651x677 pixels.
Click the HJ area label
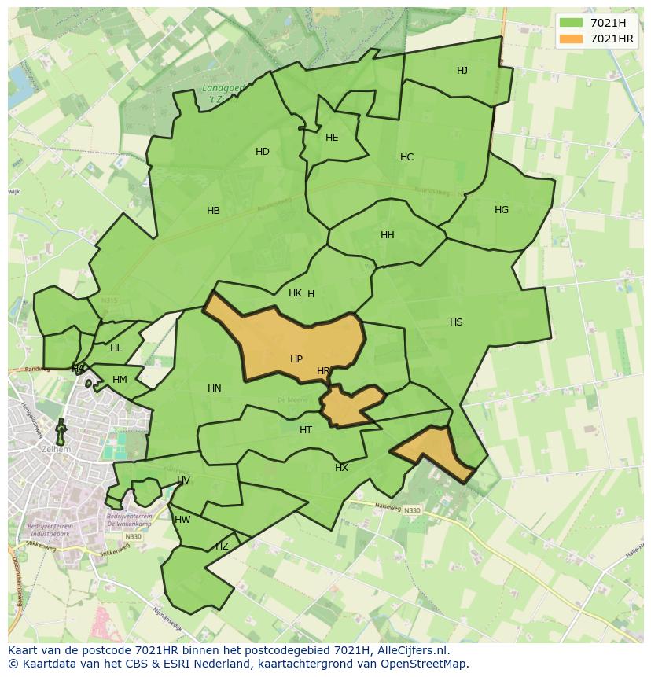click(x=462, y=71)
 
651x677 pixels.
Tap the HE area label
click(x=332, y=138)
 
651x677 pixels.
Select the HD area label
click(x=263, y=152)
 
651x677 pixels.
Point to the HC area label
click(x=406, y=157)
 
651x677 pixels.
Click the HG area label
click(x=502, y=210)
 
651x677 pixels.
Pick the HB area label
click(x=213, y=211)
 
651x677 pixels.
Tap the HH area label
click(x=388, y=235)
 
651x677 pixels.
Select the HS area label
click(x=456, y=322)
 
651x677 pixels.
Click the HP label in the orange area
click(x=296, y=359)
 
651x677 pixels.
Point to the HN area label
click(x=215, y=388)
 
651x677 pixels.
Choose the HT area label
click(x=306, y=430)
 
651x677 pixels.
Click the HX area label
click(x=341, y=468)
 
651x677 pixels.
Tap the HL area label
click(x=116, y=348)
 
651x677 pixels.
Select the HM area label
click(x=120, y=380)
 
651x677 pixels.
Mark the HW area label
click(x=182, y=520)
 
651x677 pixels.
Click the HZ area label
click(x=222, y=546)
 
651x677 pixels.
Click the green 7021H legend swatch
click(x=572, y=23)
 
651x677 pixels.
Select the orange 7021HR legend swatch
click(x=572, y=39)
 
